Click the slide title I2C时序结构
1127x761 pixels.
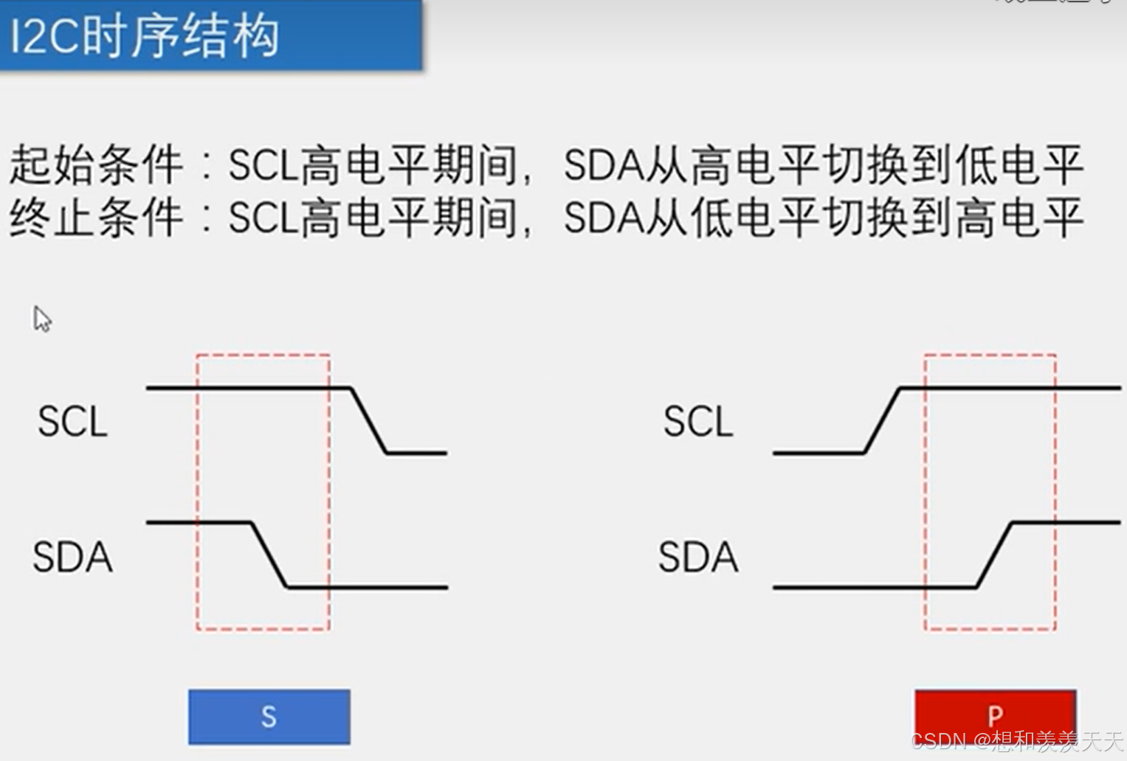point(145,36)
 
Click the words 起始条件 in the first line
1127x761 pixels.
point(96,164)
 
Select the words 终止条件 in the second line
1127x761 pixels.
point(96,218)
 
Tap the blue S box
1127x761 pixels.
point(269,717)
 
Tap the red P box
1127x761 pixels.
point(995,714)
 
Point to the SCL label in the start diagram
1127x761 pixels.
point(72,422)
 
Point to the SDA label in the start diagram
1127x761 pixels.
point(72,557)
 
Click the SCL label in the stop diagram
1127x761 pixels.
point(697,422)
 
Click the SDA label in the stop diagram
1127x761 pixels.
point(697,557)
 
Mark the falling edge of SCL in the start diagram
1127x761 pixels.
point(368,420)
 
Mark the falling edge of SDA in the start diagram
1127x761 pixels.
point(269,555)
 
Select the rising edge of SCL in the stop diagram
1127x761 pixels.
point(882,420)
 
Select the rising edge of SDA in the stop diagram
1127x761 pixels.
point(995,555)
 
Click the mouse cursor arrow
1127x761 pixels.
point(42,319)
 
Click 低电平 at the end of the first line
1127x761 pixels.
point(1019,165)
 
